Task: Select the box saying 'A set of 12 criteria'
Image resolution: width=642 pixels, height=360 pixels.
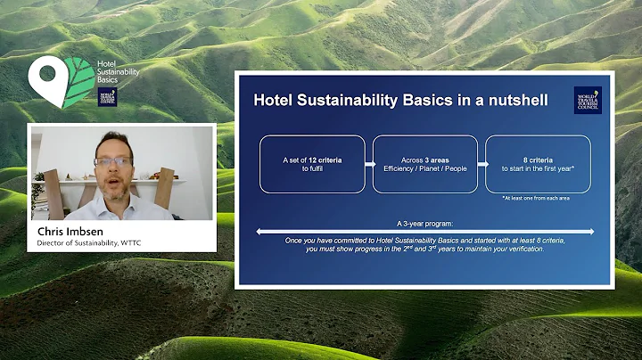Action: click(x=312, y=164)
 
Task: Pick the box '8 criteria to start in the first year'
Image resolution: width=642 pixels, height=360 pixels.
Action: click(x=538, y=164)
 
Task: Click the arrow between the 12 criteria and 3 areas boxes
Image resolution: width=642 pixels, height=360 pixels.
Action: click(x=368, y=164)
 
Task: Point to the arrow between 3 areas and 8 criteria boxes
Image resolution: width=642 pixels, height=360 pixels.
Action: click(x=481, y=164)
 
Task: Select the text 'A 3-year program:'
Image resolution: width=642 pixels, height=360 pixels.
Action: click(x=425, y=224)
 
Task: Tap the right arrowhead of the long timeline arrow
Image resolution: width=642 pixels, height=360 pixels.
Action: click(x=592, y=232)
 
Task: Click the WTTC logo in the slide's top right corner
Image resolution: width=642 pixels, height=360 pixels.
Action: click(x=587, y=100)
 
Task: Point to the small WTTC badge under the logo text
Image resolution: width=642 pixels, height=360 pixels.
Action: click(x=107, y=97)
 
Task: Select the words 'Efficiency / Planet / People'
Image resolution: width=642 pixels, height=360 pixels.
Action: click(x=424, y=169)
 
